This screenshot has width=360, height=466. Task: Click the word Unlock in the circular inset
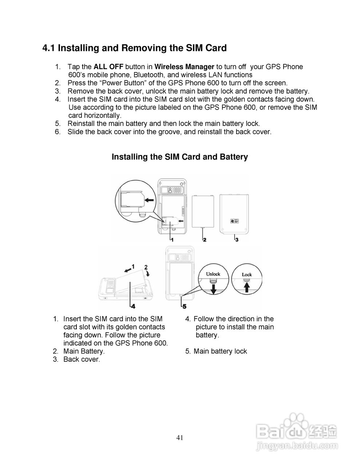point(213,274)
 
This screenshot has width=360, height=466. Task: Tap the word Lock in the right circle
point(246,275)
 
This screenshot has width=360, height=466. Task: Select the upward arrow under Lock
point(247,288)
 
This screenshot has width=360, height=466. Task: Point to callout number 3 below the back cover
point(237,240)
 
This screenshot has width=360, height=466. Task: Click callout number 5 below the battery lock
point(184,306)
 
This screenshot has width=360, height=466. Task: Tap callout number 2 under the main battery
point(205,240)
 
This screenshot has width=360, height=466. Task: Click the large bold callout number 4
point(133,306)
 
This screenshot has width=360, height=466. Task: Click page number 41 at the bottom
point(180,438)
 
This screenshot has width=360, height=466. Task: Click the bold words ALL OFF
point(108,67)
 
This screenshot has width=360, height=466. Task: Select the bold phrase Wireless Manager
point(184,67)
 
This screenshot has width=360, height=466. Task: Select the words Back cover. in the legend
point(82,359)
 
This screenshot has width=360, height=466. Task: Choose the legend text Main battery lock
point(220,351)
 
